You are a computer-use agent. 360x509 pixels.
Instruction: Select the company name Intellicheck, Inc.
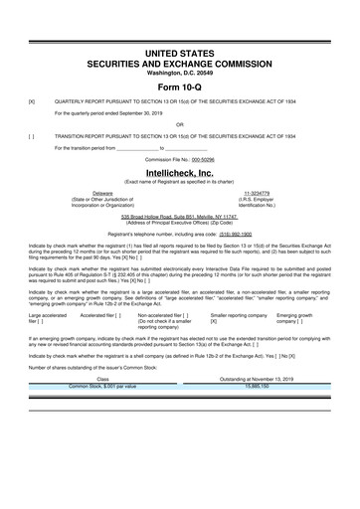(180, 173)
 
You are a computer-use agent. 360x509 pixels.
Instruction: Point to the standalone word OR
(180, 124)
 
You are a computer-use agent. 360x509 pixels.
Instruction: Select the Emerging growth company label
(300, 316)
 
